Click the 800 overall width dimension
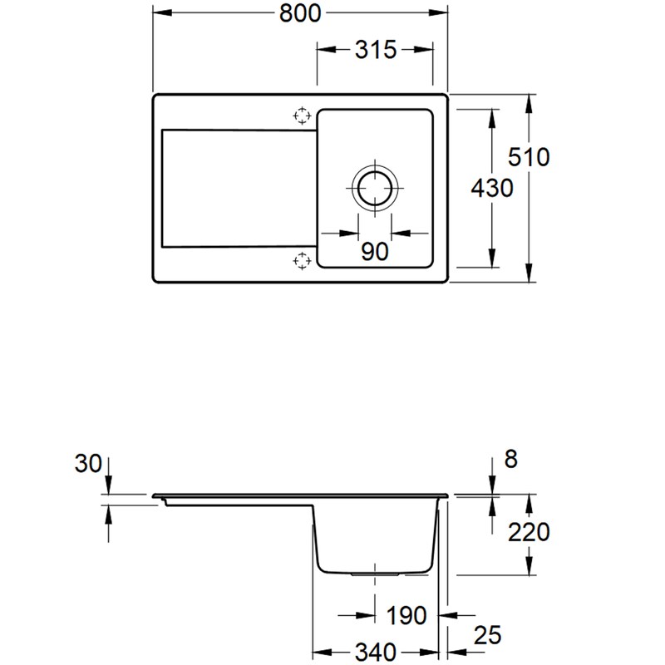[x=299, y=14]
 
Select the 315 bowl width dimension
[x=374, y=51]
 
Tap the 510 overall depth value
[x=530, y=156]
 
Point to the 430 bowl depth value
[x=491, y=189]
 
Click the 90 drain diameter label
[x=375, y=251]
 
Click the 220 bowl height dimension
[x=530, y=531]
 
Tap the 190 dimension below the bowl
[x=406, y=616]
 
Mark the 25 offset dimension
[x=488, y=636]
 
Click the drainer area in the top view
[x=237, y=188]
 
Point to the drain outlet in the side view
[x=376, y=574]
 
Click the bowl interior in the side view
[x=376, y=536]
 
